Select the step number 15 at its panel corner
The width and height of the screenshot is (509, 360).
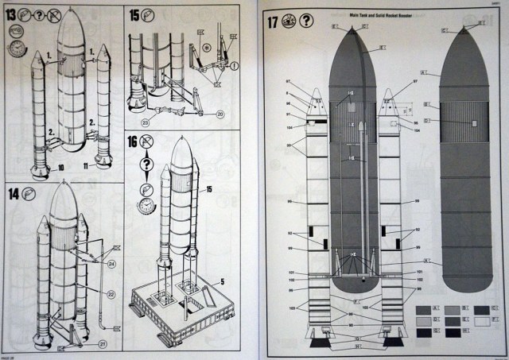[x=134, y=15]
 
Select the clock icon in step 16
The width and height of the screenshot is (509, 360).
[x=146, y=205]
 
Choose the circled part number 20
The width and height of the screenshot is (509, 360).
[x=219, y=114]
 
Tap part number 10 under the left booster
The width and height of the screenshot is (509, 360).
[x=61, y=168]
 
